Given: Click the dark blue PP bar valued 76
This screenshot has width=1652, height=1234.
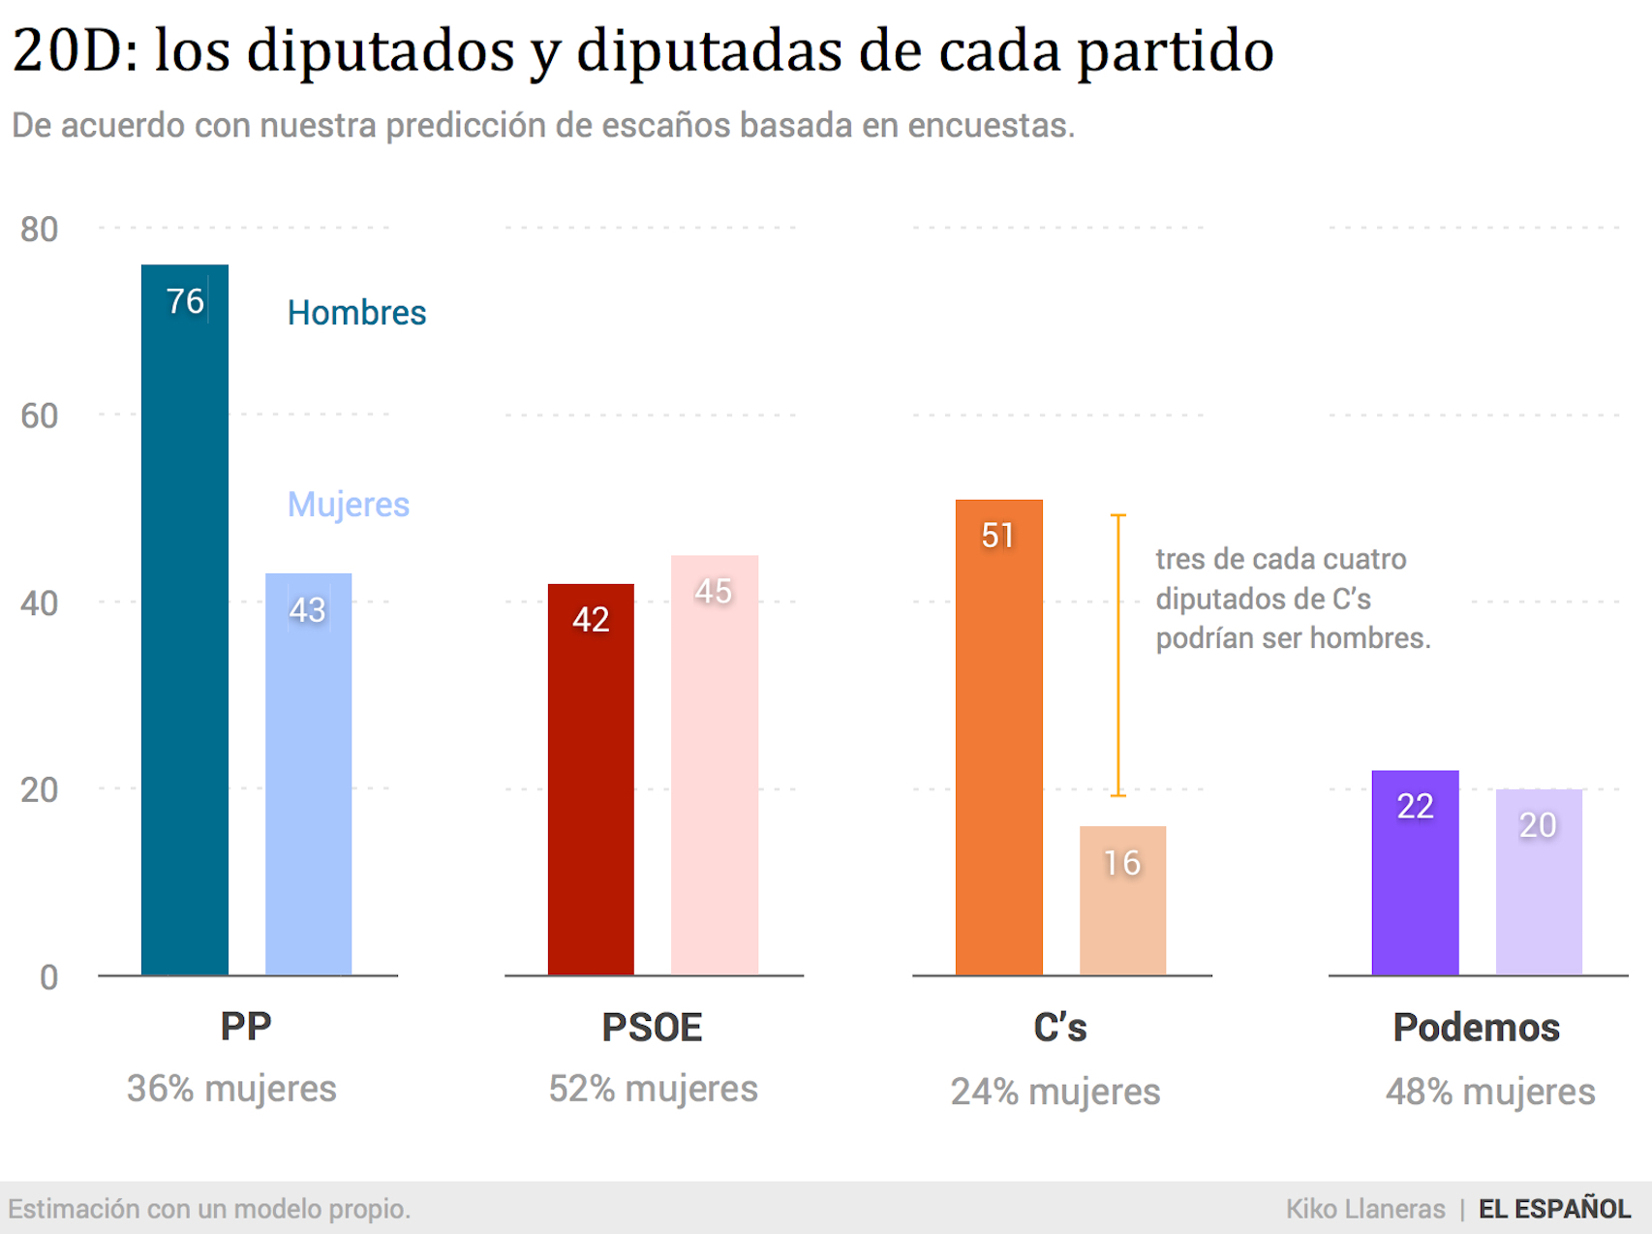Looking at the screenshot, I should tap(185, 620).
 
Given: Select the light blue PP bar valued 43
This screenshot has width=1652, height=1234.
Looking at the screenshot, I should tap(308, 775).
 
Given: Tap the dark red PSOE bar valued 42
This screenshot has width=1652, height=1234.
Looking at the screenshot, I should tap(591, 780).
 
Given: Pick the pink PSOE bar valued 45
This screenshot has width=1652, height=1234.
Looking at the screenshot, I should tap(715, 765).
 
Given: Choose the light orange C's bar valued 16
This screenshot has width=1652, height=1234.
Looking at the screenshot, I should tap(1122, 901).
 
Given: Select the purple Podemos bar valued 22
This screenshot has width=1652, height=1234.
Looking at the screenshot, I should tap(1415, 873).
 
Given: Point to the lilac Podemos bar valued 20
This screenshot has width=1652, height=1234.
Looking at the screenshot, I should tap(1539, 882).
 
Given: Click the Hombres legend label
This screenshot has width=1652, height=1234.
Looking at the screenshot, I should tap(356, 313).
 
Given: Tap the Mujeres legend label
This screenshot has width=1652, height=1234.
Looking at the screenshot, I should tap(349, 505).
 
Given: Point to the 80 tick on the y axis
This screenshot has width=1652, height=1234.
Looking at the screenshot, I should tap(39, 230).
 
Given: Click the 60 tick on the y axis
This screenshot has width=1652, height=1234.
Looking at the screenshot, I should tap(39, 416).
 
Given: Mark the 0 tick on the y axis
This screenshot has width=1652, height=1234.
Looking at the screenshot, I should tap(48, 977).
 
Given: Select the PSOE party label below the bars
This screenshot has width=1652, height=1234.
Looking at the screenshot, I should tap(652, 1028).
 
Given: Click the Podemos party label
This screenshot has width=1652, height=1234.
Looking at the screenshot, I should tap(1476, 1028).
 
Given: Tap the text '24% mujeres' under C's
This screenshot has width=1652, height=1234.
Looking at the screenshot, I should tap(1055, 1092).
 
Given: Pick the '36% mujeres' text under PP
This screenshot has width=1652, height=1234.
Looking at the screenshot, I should tap(231, 1089).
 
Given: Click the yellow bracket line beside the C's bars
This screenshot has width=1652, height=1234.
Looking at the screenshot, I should tap(1118, 655).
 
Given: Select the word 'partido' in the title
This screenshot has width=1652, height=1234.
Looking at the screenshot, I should tap(1176, 50).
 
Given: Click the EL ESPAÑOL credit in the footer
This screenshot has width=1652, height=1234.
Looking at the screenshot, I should tap(1554, 1209).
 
